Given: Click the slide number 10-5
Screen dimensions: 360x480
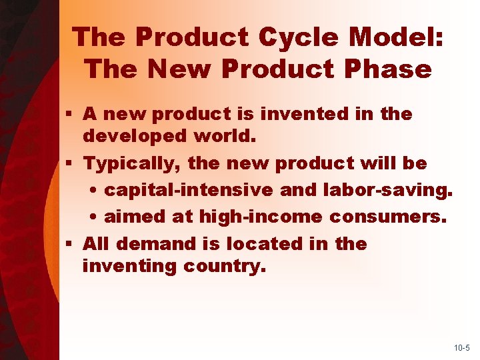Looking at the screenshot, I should pyautogui.click(x=461, y=348).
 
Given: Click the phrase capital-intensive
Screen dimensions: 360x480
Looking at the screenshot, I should pyautogui.click(x=189, y=189).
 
